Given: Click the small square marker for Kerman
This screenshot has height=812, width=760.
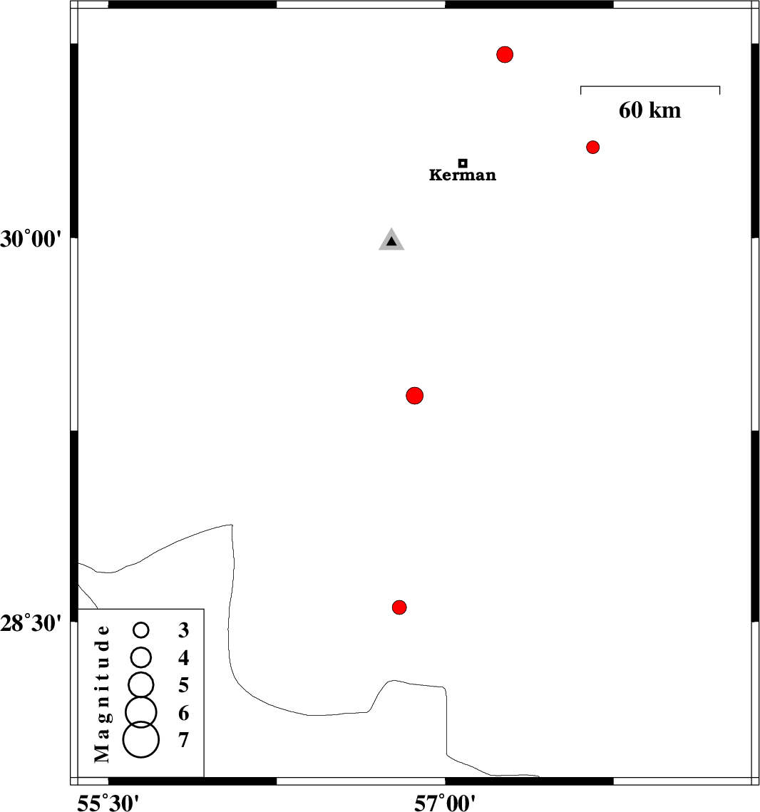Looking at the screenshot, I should tap(463, 163).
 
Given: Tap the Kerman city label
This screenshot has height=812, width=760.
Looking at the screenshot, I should tap(463, 175).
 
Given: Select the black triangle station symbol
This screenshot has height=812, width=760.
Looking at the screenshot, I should tap(391, 241).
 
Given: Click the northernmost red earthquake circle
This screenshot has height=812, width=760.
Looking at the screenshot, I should tap(505, 54).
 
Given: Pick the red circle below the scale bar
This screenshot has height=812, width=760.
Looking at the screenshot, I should tap(592, 147).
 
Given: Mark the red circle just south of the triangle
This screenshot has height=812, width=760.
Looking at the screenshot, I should tap(415, 395).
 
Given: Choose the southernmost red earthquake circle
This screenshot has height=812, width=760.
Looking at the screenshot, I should tap(399, 607).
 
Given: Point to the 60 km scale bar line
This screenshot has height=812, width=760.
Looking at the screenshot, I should tap(650, 87).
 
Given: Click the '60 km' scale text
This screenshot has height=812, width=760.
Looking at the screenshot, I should tap(649, 111).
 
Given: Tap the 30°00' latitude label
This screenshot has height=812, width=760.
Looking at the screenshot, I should tap(31, 239).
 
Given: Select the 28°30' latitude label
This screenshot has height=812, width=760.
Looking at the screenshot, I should tap(31, 624).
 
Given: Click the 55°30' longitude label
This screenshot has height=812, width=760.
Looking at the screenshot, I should tap(108, 803).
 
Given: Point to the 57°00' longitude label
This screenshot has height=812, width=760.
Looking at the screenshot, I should tap(445, 803).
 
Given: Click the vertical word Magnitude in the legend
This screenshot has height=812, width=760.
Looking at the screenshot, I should tap(103, 693).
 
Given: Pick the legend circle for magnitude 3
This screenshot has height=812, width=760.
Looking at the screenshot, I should tap(141, 629).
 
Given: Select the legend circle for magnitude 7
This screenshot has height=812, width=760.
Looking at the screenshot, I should tap(141, 739).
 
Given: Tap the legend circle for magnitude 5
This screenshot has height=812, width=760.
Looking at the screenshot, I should tap(141, 684).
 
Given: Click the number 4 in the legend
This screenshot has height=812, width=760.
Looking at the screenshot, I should tap(183, 657).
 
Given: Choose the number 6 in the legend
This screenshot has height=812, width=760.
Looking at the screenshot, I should tap(183, 713).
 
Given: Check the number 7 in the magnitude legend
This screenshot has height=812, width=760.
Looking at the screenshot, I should tap(183, 741).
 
